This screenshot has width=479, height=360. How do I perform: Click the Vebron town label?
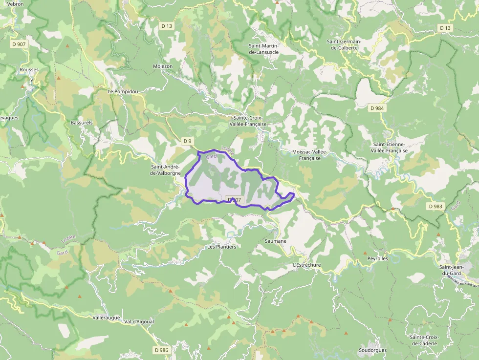16,3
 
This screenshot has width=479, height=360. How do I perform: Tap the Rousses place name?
29,70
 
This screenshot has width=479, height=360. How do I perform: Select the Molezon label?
163,66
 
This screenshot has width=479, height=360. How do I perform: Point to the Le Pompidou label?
123,91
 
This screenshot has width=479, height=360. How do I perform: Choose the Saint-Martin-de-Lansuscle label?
263,49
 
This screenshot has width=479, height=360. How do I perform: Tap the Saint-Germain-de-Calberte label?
344,44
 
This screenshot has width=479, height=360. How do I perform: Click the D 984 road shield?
377,108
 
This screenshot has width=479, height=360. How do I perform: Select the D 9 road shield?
187,141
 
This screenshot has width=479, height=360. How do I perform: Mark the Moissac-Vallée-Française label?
313,155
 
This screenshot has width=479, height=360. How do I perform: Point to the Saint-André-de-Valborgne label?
166,170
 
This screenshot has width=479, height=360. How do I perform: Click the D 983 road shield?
435,207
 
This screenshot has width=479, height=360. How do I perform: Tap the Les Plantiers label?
221,247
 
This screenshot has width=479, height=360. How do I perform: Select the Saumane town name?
275,241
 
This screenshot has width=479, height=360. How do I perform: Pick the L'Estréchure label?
306,265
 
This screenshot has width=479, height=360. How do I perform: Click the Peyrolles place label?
377,258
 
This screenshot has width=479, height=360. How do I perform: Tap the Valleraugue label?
106,318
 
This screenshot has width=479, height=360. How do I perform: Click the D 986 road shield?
161,350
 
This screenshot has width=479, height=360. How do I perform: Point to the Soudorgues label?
372,350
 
